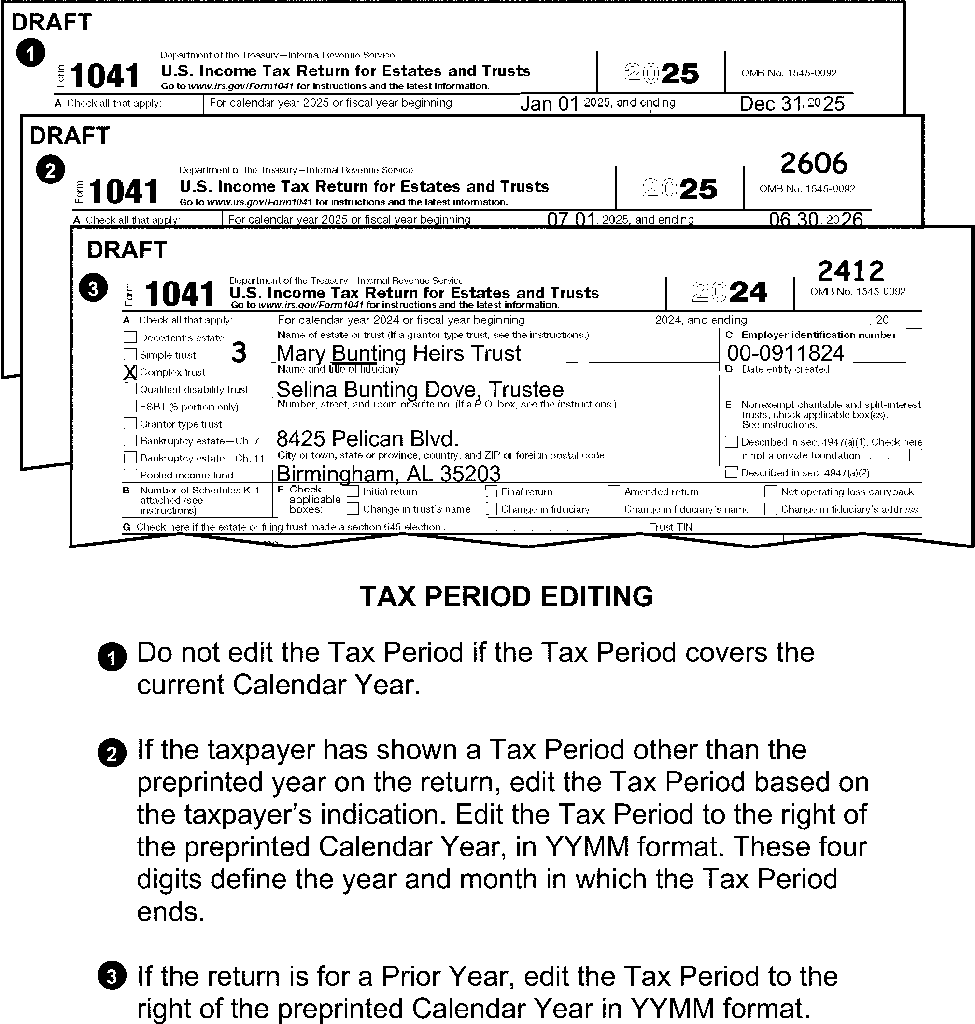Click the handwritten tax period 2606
tap(813, 164)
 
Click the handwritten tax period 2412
tap(851, 271)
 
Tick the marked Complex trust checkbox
tap(130, 372)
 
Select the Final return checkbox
tap(491, 491)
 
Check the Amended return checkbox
tap(614, 491)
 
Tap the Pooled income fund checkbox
tap(130, 475)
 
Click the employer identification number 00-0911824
tap(785, 353)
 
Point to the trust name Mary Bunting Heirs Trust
tap(398, 353)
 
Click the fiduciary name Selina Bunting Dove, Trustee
tap(420, 389)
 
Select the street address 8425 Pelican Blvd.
tap(367, 438)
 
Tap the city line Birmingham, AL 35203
tap(388, 473)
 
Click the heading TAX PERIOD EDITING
tap(506, 596)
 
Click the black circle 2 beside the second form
tap(50, 170)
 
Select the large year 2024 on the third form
tap(730, 292)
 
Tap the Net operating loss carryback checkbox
tap(771, 491)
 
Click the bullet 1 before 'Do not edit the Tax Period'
tap(112, 658)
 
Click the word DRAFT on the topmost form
tap(52, 22)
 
